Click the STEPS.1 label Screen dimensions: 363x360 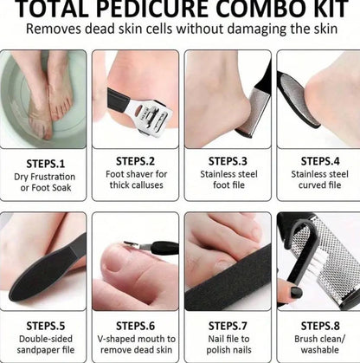(x=43, y=161)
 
